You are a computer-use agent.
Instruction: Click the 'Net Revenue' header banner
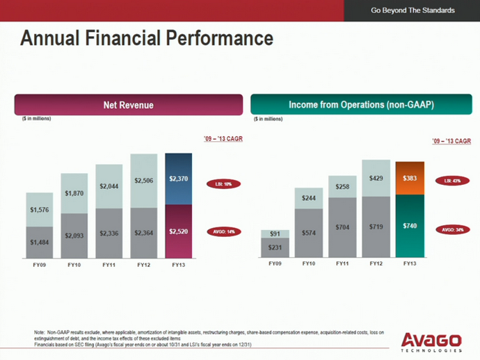point(128,105)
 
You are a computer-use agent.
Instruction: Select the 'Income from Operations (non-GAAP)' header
point(361,105)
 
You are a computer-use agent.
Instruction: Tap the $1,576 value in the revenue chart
point(39,208)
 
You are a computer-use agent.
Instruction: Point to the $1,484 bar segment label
point(39,241)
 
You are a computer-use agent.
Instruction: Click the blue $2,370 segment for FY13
point(178,179)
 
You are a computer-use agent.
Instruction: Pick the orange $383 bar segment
point(410,178)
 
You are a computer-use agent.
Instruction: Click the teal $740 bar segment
point(410,226)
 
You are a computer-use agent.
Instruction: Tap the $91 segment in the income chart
point(275,234)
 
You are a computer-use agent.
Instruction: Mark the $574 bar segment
point(308,234)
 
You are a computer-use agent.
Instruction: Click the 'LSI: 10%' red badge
point(223,184)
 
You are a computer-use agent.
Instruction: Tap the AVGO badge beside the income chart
point(451,229)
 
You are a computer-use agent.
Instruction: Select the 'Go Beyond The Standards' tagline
point(413,10)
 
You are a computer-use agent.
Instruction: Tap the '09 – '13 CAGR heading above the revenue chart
point(223,140)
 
